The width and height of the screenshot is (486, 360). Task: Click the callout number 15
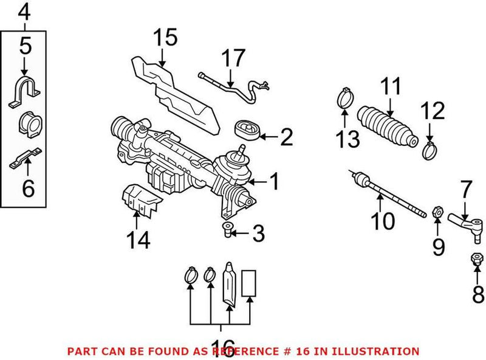165,38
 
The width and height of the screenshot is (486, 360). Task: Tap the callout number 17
233,59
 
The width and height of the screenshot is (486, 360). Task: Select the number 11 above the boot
391,87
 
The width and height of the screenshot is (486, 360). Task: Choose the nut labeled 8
476,260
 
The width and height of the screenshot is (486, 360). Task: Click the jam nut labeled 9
436,213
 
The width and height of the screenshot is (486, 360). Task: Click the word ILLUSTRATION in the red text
378,351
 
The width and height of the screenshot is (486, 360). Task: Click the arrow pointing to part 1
256,181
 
